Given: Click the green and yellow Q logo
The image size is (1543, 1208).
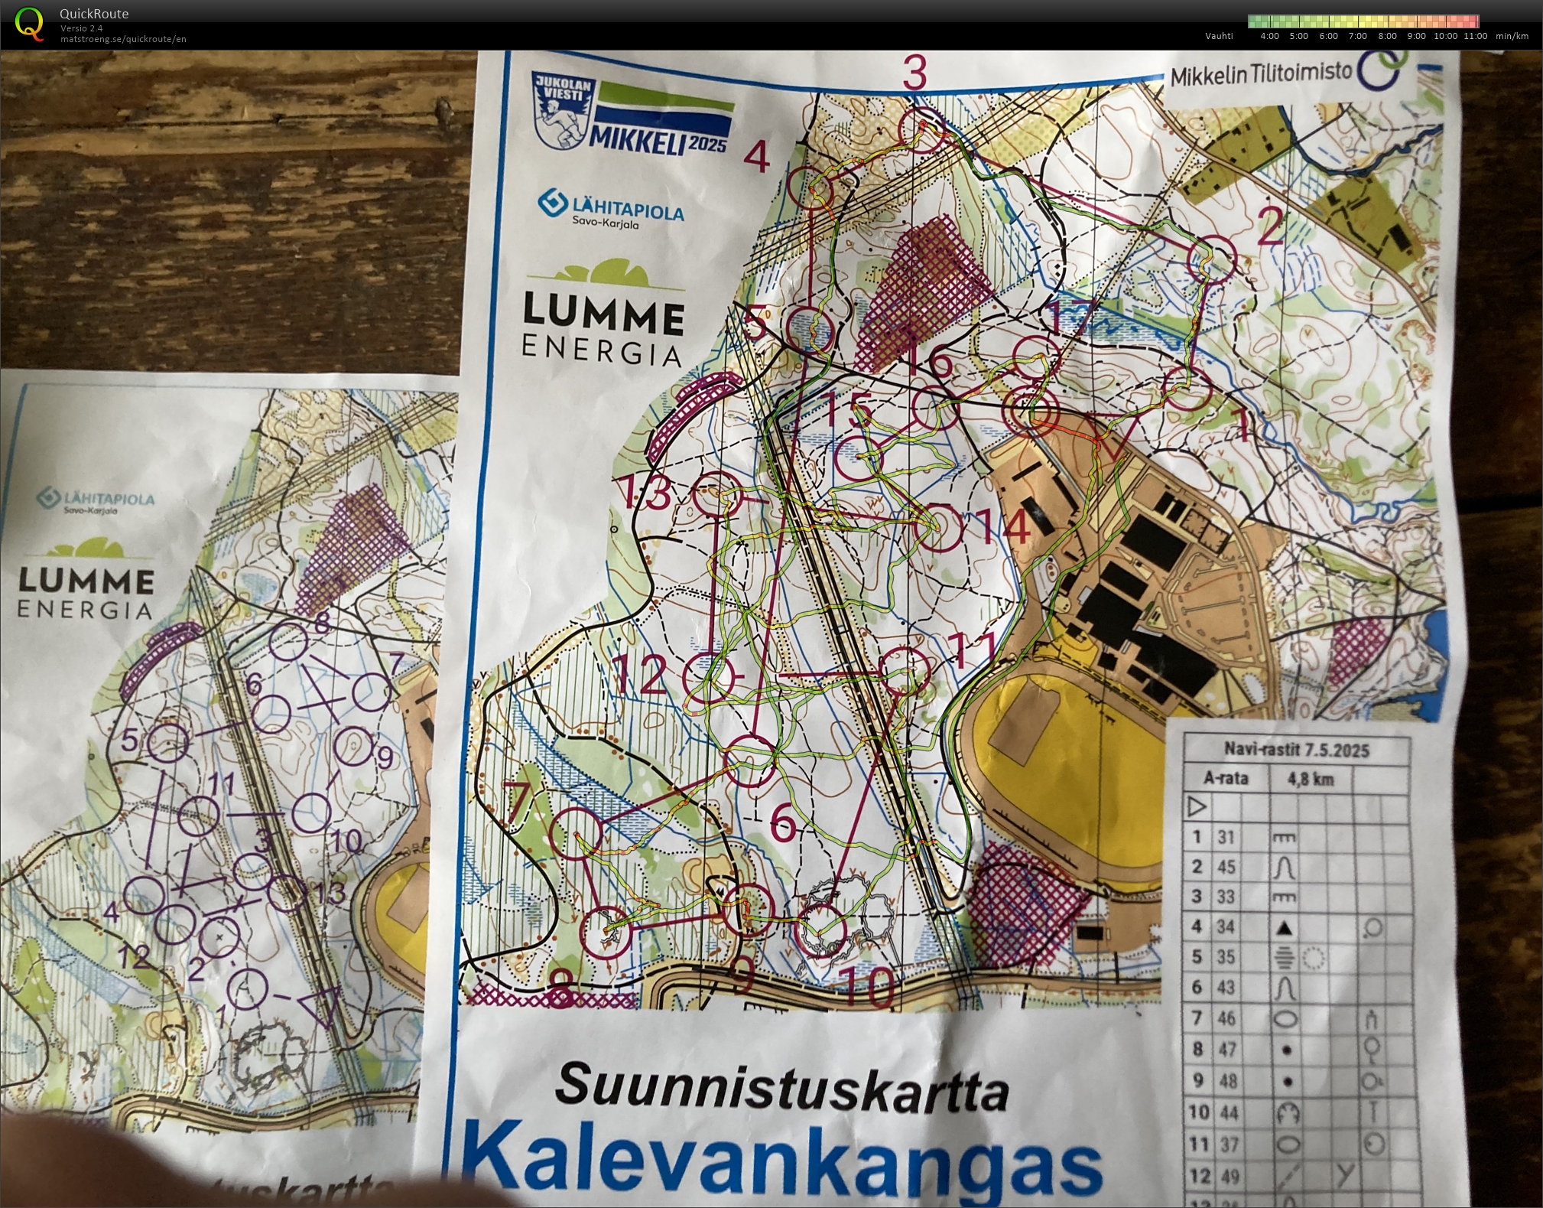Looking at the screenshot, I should (29, 24).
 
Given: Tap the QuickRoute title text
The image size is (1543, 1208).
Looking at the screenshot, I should (94, 14).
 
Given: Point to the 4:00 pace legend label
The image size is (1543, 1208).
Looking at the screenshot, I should (1269, 36).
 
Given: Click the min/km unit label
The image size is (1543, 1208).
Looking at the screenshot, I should (1512, 36).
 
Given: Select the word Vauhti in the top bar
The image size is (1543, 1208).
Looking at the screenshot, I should (1219, 36).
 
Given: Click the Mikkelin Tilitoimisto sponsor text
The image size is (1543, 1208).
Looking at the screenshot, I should (1261, 75).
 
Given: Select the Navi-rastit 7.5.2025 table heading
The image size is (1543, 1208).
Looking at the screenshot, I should (1296, 750).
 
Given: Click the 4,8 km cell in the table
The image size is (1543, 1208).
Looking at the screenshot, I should (1310, 780).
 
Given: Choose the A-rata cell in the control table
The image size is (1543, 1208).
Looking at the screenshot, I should (1226, 779).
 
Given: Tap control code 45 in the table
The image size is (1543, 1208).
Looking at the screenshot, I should (1226, 867).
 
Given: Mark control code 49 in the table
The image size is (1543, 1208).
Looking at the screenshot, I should (1226, 1176).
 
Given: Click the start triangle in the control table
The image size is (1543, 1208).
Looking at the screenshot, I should (1197, 806).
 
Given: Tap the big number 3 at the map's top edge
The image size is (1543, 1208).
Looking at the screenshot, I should (914, 73).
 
